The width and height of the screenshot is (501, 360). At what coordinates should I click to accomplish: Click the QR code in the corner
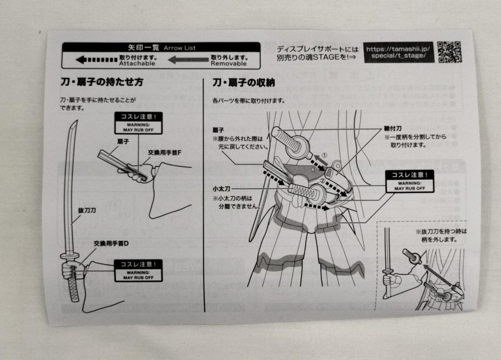pyautogui.click(x=449, y=52)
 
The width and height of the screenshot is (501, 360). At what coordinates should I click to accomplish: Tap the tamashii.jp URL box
pyautogui.click(x=398, y=52)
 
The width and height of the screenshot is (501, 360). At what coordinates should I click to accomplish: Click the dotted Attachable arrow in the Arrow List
pyautogui.click(x=96, y=60)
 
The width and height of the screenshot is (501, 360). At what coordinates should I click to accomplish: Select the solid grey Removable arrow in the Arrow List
pyautogui.click(x=188, y=60)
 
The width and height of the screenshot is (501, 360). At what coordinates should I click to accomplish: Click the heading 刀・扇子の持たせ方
pyautogui.click(x=102, y=82)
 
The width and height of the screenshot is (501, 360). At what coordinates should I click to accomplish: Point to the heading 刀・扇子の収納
pyautogui.click(x=243, y=83)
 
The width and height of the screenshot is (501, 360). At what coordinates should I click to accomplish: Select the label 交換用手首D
pyautogui.click(x=111, y=243)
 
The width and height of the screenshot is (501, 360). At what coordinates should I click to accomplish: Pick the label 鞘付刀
pyautogui.click(x=392, y=128)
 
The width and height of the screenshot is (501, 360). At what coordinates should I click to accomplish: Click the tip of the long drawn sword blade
pyautogui.click(x=75, y=122)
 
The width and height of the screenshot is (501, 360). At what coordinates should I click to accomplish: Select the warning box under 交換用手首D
pyautogui.click(x=138, y=270)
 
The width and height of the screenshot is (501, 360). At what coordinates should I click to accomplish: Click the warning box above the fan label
pyautogui.click(x=138, y=123)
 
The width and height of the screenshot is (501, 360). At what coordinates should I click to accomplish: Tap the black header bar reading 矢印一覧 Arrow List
pyautogui.click(x=161, y=47)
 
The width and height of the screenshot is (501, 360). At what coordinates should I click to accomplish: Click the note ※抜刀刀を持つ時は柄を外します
pyautogui.click(x=441, y=235)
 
